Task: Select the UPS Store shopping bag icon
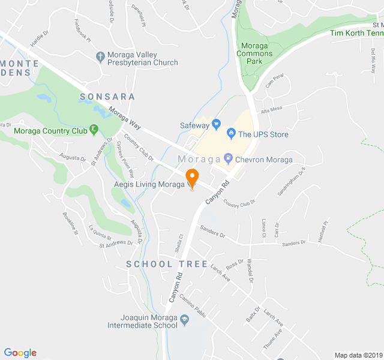click(x=230, y=134)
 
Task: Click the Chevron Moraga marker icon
click(x=228, y=159)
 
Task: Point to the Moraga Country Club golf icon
click(x=94, y=130)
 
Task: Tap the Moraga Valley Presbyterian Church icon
click(x=100, y=57)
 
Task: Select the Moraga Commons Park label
click(x=256, y=53)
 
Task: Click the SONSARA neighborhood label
click(x=107, y=97)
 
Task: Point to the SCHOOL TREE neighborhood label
click(x=167, y=264)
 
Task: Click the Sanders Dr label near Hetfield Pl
click(x=294, y=243)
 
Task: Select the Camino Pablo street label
click(x=192, y=305)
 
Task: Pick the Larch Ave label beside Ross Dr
click(x=221, y=275)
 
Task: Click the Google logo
click(x=20, y=353)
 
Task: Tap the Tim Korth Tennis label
click(x=356, y=33)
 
